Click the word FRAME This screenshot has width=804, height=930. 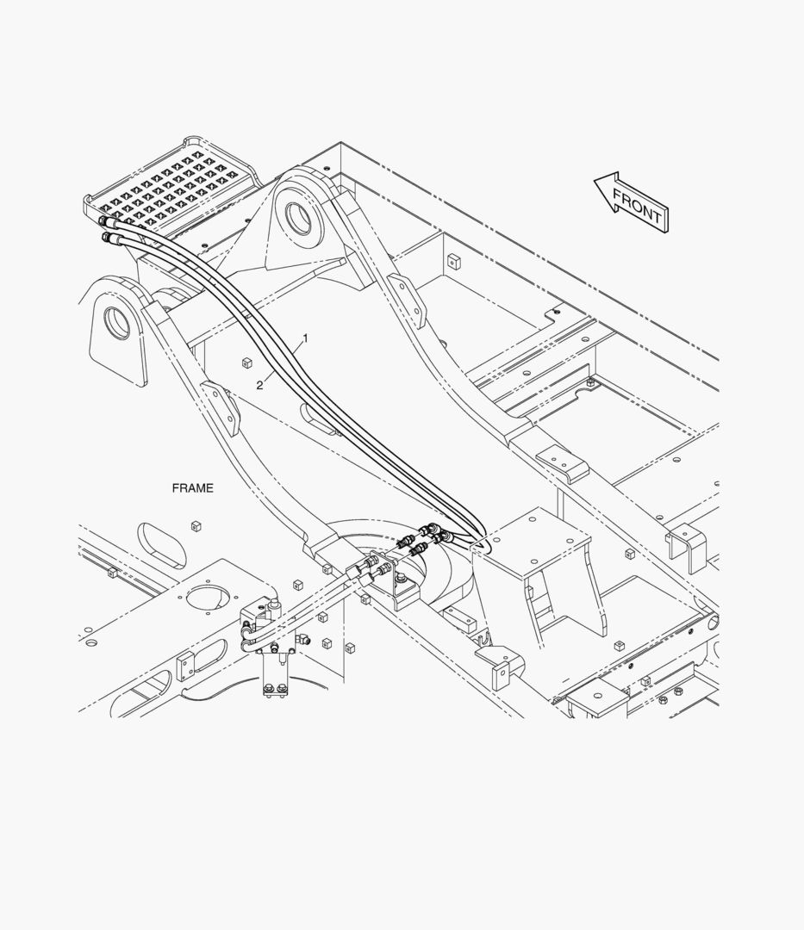pos(192,488)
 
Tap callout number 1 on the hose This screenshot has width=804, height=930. pos(304,339)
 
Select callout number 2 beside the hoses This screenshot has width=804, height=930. pos(259,385)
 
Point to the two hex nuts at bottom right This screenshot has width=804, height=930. pos(670,695)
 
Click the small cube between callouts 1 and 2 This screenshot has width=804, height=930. pos(246,363)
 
